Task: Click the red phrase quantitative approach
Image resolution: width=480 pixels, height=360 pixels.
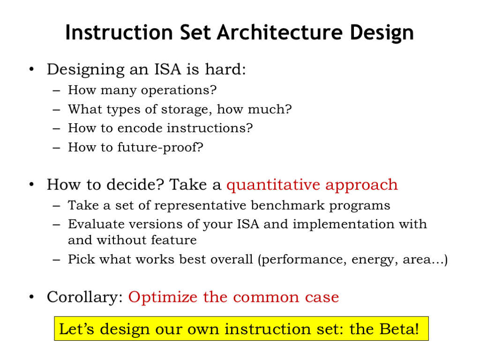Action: (312, 185)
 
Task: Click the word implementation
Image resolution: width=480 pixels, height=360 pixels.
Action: (345, 225)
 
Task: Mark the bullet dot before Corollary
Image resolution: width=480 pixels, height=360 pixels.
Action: (31, 298)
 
